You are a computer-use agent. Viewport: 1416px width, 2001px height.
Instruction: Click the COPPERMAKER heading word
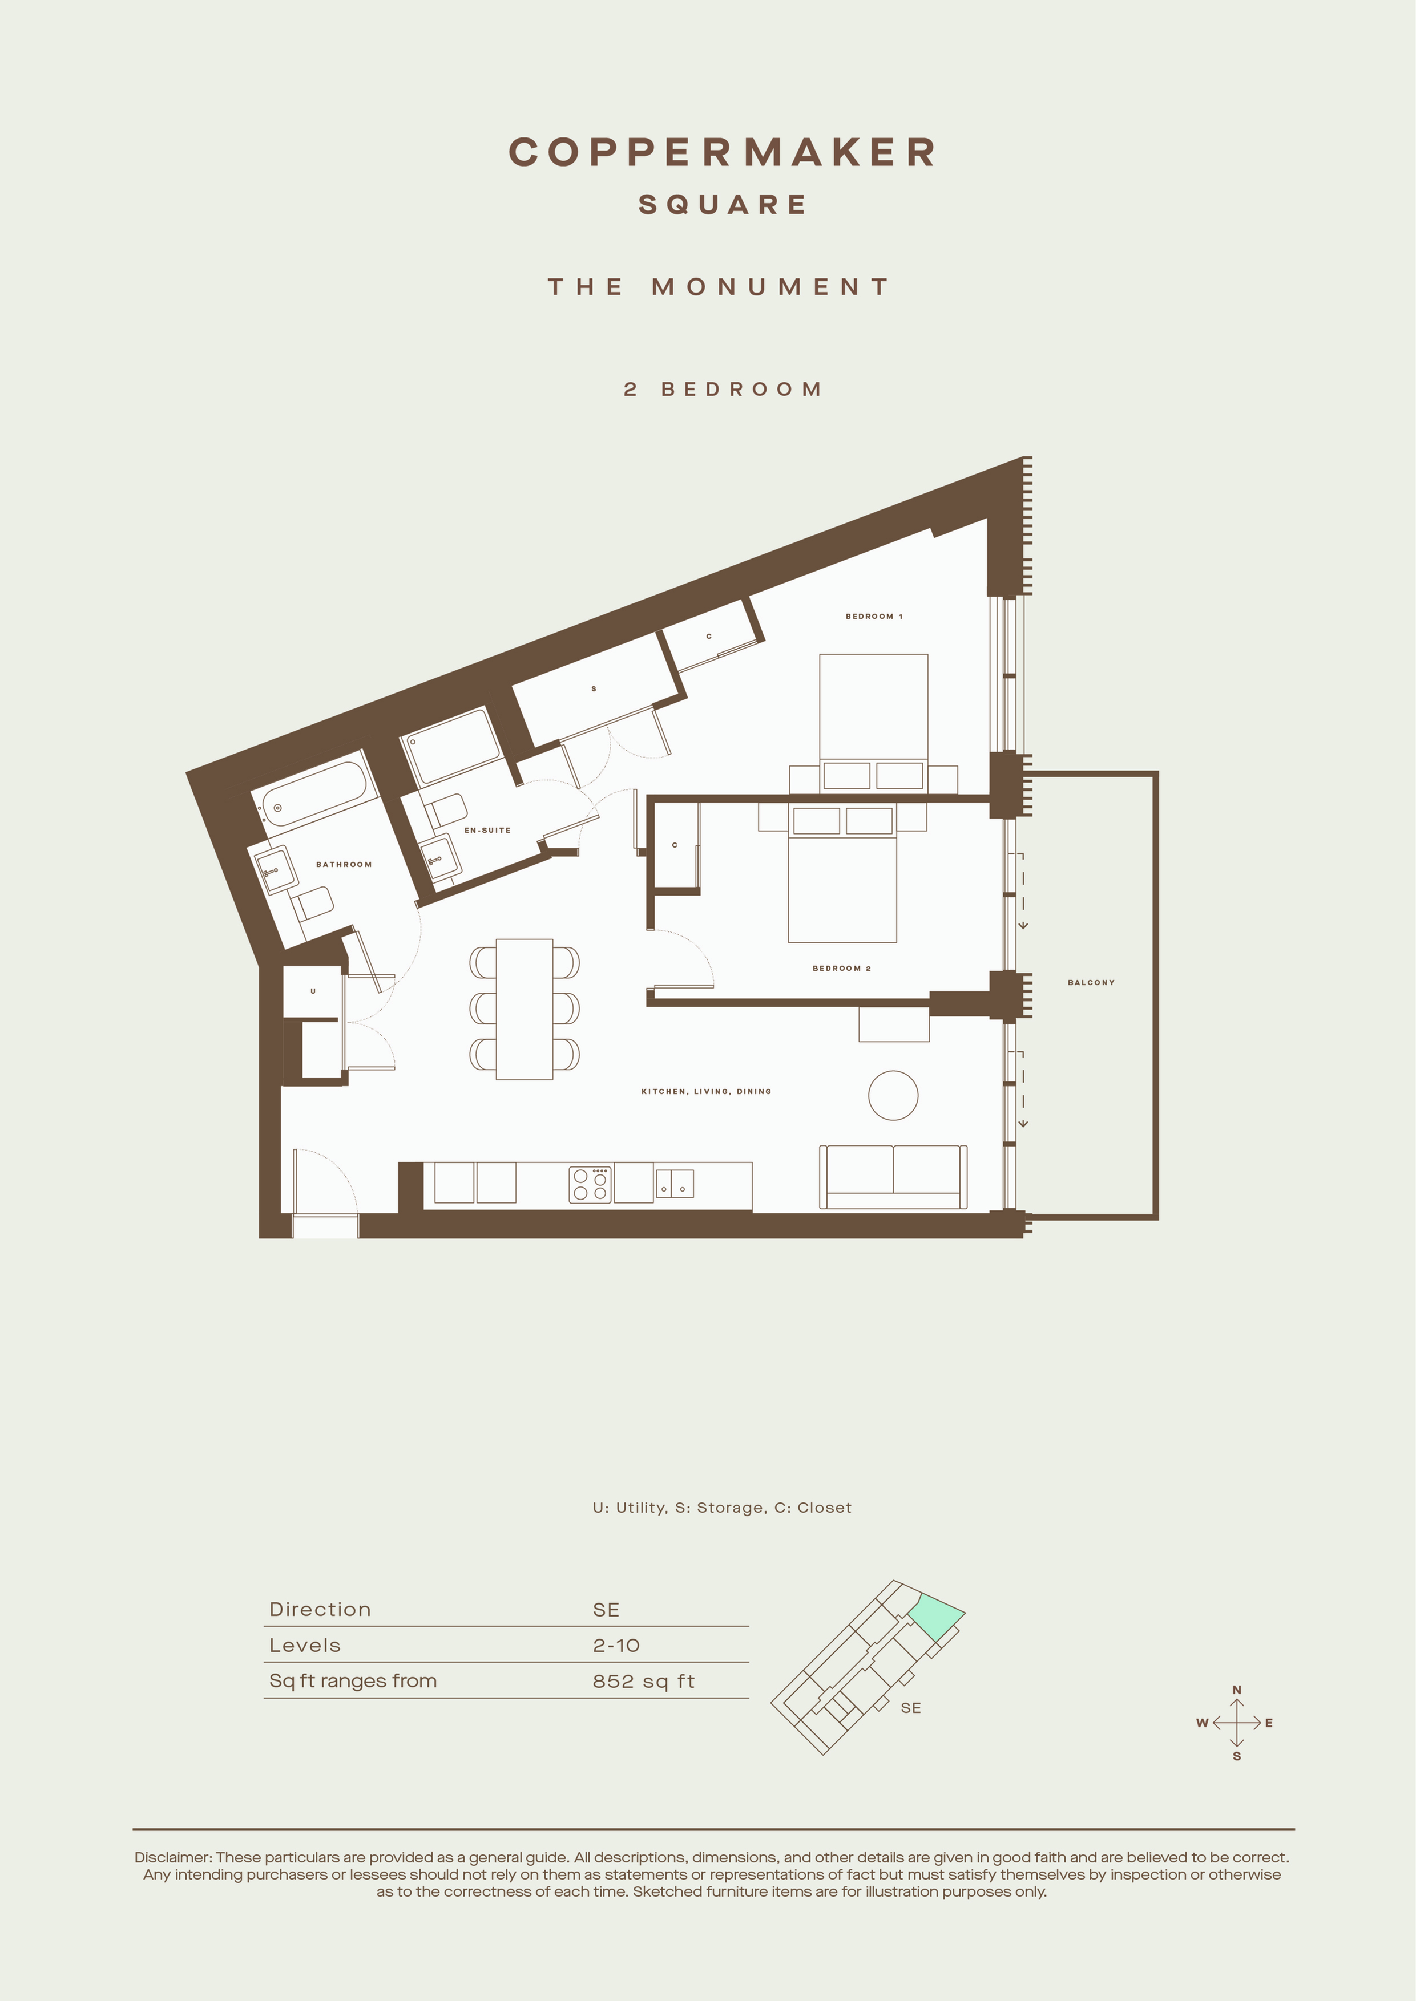(722, 152)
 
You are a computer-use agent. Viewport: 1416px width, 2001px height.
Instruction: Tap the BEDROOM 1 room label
(874, 616)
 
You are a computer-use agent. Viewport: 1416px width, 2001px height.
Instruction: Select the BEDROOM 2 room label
(841, 968)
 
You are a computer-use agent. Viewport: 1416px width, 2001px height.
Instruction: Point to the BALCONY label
(1091, 982)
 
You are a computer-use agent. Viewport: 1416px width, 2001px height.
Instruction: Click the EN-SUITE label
(487, 830)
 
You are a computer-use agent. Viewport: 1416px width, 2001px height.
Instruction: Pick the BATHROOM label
(344, 865)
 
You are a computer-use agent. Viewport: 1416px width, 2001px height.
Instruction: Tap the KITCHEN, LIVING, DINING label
(706, 1091)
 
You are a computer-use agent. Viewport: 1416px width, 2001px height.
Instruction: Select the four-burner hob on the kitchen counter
(590, 1184)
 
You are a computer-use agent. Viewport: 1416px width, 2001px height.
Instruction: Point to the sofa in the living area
(893, 1177)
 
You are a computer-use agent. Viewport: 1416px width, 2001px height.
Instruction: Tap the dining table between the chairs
(524, 1009)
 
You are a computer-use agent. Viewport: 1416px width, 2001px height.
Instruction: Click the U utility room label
(313, 991)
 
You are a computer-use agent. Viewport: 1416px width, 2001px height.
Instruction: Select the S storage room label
(594, 688)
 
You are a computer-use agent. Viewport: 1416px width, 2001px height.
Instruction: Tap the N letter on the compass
(1236, 1690)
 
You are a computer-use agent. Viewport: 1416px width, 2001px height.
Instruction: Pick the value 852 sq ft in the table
(643, 1681)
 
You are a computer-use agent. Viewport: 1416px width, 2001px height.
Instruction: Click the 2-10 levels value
(616, 1646)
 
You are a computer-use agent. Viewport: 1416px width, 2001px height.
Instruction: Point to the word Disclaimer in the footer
(172, 1857)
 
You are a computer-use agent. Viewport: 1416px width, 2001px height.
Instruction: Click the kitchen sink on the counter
(675, 1182)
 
